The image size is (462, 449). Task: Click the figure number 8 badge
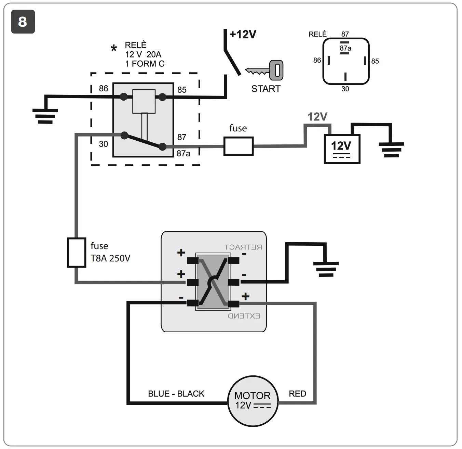(23, 22)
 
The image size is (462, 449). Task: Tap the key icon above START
(265, 70)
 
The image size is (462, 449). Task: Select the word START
(266, 89)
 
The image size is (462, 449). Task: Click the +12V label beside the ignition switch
(243, 35)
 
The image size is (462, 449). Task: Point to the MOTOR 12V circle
(253, 400)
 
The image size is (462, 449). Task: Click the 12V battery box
(342, 149)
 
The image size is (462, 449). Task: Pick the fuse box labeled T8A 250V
(76, 252)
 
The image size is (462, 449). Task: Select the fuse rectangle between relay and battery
(238, 146)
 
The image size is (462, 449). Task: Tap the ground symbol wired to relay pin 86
(45, 116)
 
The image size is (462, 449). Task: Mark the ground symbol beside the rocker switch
(326, 269)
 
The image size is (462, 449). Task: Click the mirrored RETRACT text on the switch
(243, 247)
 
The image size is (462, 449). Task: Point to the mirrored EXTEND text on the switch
(244, 316)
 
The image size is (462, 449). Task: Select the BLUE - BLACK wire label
(176, 394)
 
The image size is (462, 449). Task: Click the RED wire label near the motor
(297, 394)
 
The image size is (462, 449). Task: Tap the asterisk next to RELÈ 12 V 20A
(114, 49)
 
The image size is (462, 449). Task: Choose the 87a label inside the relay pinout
(345, 48)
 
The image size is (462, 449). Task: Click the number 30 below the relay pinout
(345, 89)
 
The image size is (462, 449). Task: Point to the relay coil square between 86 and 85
(144, 101)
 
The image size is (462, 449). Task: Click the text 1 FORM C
(145, 64)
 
